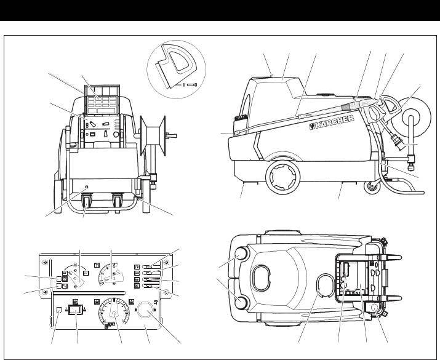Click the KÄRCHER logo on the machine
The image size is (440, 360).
click(332, 122)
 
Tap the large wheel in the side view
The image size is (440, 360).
click(282, 177)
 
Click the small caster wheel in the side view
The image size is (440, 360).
click(372, 188)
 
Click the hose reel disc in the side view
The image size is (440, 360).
click(412, 116)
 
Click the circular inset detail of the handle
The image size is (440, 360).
click(176, 70)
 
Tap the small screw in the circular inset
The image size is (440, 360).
click(192, 84)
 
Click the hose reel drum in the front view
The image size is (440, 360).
click(153, 135)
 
